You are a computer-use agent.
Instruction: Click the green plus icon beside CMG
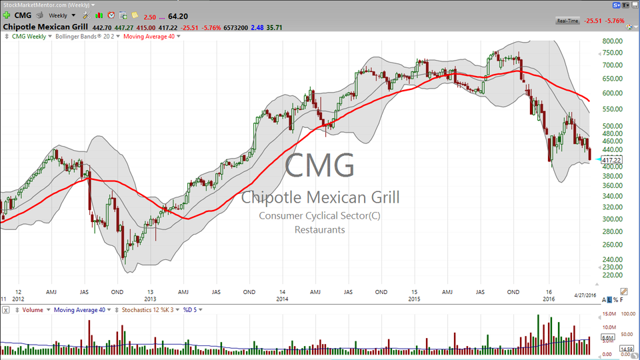(6, 15)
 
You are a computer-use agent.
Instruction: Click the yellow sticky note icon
(135, 15)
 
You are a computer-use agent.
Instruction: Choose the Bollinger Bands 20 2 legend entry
(86, 36)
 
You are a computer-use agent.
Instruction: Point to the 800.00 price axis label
(612, 41)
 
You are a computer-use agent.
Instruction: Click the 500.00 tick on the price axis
(612, 125)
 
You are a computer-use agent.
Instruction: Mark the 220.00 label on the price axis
(612, 274)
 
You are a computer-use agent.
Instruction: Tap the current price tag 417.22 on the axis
(611, 160)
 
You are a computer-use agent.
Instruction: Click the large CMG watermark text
(319, 165)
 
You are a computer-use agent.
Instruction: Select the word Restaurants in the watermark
(319, 229)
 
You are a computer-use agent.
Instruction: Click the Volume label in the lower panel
(33, 309)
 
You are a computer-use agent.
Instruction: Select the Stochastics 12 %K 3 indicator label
(147, 309)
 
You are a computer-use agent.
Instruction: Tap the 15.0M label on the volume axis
(609, 313)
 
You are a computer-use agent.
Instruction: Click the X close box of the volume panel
(5, 309)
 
